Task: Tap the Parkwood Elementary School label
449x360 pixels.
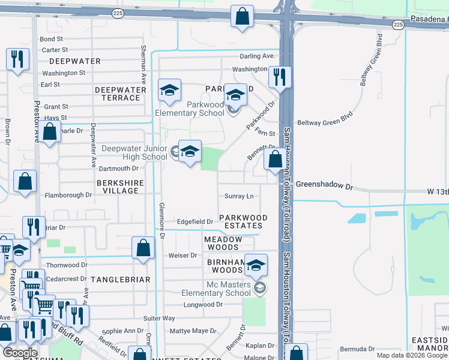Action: pyautogui.click(x=189, y=109)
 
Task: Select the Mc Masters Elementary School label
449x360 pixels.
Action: pyautogui.click(x=216, y=289)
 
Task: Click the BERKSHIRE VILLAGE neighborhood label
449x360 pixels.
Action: pyautogui.click(x=118, y=185)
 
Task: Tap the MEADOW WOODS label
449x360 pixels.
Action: pyautogui.click(x=223, y=243)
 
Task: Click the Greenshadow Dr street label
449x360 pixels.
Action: pyautogui.click(x=324, y=186)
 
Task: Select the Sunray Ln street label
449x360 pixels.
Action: pyautogui.click(x=239, y=196)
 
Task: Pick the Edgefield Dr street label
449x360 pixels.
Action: pyautogui.click(x=196, y=221)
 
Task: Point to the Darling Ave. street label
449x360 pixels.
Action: pyautogui.click(x=257, y=56)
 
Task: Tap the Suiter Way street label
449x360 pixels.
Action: pyautogui.click(x=159, y=318)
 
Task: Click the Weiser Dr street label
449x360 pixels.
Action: pyautogui.click(x=183, y=255)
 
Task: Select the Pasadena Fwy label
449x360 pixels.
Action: pyautogui.click(x=429, y=20)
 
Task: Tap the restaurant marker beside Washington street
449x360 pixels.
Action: pyautogui.click(x=279, y=77)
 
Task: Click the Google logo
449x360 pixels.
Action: pyautogui.click(x=20, y=353)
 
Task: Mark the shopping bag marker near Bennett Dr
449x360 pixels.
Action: pyautogui.click(x=276, y=160)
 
